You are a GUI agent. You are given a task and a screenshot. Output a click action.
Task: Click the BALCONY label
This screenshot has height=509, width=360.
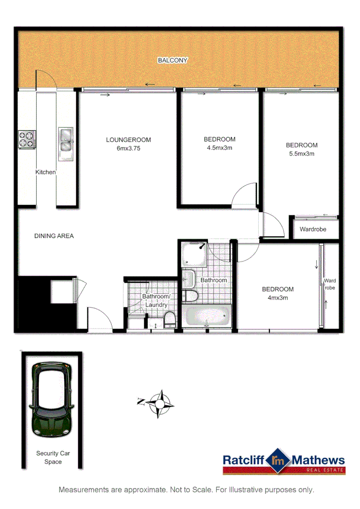[x=172, y=60]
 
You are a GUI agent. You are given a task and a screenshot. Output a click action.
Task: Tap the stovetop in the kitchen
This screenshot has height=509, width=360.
[x=26, y=139]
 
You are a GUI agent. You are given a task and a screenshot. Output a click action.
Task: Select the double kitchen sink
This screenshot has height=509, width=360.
[x=65, y=140]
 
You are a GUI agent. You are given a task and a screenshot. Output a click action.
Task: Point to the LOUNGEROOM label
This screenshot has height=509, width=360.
[x=128, y=140]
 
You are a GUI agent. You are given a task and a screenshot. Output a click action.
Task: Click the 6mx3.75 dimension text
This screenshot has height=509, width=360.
[x=128, y=148]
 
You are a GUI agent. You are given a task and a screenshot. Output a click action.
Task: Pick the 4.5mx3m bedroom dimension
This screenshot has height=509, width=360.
[x=219, y=148]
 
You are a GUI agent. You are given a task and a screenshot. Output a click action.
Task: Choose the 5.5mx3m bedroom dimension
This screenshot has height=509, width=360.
[x=302, y=154]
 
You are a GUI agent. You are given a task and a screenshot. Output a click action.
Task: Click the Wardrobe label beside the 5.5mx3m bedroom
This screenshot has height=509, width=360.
[x=313, y=230]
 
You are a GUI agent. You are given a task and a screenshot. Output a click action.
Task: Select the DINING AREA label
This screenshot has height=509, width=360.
[x=54, y=236]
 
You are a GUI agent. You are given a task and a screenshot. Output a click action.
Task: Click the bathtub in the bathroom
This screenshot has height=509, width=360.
[x=207, y=316]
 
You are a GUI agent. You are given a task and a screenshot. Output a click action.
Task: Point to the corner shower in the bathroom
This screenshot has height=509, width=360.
[x=193, y=254]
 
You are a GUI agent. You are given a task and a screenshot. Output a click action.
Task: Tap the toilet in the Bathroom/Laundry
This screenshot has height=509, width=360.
[x=170, y=321]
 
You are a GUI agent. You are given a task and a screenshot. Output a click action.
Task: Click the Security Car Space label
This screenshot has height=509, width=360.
[x=53, y=458]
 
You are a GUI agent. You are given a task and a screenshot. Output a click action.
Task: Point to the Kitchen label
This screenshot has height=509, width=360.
[x=46, y=172]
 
